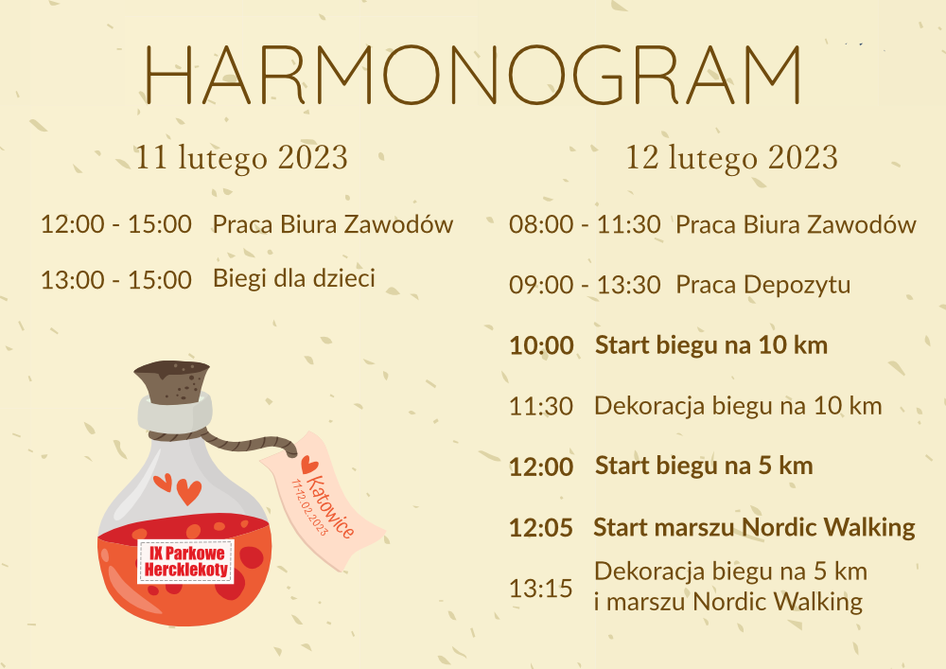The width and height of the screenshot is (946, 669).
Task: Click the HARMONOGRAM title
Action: pos(473,75)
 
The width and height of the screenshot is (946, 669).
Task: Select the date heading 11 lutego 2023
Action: pos(241,158)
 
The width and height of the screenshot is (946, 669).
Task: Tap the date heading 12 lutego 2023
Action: pos(732,158)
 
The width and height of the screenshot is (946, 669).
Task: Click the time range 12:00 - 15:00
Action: pos(115,224)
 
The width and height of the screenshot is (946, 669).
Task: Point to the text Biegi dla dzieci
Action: pos(294,279)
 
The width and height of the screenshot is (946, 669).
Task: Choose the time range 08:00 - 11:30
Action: pos(585,224)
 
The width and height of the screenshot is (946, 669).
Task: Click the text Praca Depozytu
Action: pos(762,286)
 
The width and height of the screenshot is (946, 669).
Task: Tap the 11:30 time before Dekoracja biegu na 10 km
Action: pos(541,407)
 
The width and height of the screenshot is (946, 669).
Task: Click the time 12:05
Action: pos(541,528)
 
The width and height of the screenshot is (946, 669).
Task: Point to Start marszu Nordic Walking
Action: pos(754,527)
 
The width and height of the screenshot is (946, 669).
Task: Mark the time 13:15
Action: pos(541,589)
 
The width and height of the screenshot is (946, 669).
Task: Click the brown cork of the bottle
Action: pos(173,381)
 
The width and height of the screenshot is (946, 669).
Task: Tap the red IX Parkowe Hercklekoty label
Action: pos(185,562)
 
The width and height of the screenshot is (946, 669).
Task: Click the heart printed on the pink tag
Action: pos(309,465)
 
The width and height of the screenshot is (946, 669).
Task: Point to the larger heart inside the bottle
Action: pos(189,492)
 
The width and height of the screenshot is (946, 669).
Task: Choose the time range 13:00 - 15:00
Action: pos(115,280)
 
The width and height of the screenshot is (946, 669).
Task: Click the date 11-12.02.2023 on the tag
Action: pos(309,507)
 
